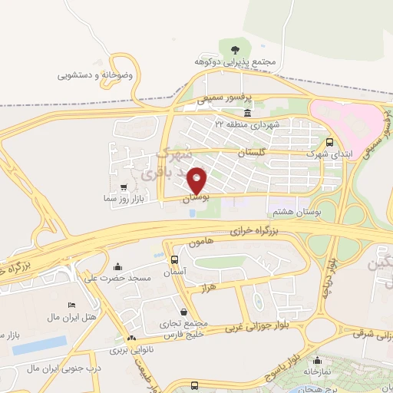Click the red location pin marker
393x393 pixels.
point(198,180)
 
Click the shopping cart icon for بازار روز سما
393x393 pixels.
point(124,187)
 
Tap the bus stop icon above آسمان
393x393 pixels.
point(175,260)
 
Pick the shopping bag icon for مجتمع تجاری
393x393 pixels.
point(185,312)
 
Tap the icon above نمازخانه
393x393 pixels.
point(317,360)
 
